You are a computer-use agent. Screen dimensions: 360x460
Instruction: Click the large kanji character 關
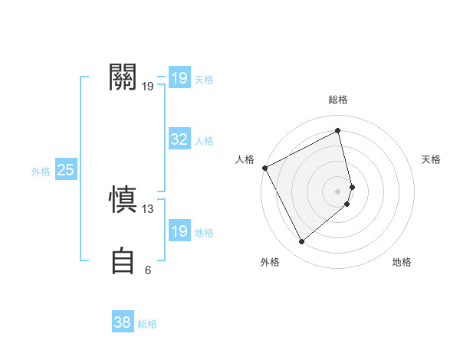[123, 77]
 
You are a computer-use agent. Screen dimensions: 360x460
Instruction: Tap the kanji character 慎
[123, 200]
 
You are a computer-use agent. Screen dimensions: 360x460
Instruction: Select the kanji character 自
[123, 260]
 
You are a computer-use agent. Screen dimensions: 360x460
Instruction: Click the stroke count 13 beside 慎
[148, 208]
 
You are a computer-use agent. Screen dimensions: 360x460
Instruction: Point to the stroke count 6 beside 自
[148, 270]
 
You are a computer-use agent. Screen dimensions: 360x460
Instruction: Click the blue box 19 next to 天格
[179, 78]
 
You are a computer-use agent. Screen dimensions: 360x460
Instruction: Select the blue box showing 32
[179, 139]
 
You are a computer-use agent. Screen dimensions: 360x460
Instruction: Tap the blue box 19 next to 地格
[179, 231]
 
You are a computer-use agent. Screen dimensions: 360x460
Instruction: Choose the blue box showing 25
[65, 170]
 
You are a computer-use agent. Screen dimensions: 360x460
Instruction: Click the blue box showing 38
[122, 322]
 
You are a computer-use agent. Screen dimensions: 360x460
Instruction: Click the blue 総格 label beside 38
[147, 324]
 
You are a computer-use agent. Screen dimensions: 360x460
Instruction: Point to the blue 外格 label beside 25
[41, 172]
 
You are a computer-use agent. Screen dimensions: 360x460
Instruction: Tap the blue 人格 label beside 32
[204, 141]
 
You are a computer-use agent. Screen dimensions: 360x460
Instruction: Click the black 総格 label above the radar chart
[338, 100]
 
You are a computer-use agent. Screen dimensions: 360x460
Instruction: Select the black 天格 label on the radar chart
[432, 159]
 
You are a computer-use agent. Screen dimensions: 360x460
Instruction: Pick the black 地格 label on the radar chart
[402, 263]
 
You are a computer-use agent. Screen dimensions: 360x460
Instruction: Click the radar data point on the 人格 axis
[264, 168]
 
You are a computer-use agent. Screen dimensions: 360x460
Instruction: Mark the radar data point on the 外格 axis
[302, 242]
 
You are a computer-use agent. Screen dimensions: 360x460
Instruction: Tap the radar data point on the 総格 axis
[338, 131]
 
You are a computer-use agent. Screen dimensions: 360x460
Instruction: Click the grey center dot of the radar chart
[338, 191]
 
